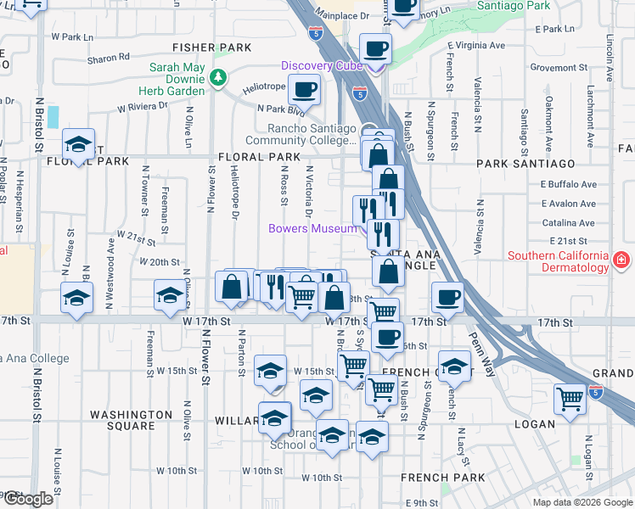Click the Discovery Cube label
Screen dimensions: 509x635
pyautogui.click(x=322, y=66)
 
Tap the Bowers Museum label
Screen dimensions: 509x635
pyautogui.click(x=312, y=228)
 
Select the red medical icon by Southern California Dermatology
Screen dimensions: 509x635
pyautogui.click(x=622, y=259)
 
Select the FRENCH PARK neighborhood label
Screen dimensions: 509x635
pyautogui.click(x=443, y=478)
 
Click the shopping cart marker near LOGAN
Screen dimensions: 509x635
pyautogui.click(x=570, y=398)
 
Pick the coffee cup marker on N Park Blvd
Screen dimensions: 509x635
pyautogui.click(x=304, y=89)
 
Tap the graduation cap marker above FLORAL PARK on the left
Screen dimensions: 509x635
pyautogui.click(x=78, y=146)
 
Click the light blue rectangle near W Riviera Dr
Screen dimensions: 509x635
pyautogui.click(x=53, y=117)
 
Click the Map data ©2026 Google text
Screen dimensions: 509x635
pyautogui.click(x=582, y=502)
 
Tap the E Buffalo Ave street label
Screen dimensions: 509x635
pyautogui.click(x=570, y=184)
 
